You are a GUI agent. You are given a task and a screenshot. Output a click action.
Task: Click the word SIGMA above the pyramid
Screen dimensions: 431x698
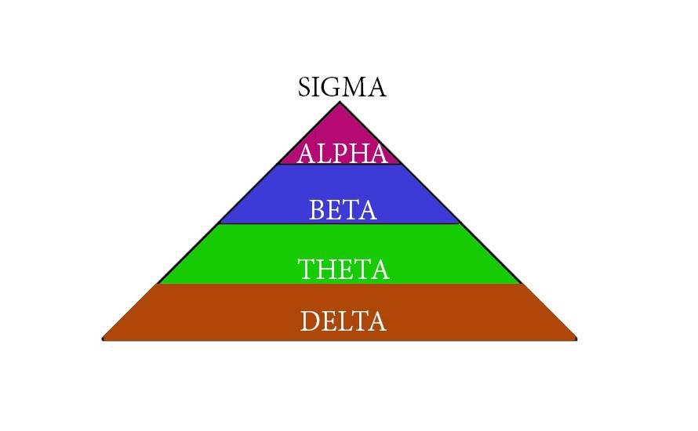342,87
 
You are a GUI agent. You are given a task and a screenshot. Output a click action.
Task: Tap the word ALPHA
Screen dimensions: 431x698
342,154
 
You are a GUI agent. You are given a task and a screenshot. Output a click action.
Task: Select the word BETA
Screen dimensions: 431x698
343,210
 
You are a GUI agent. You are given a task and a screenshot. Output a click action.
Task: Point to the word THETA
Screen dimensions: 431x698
343,270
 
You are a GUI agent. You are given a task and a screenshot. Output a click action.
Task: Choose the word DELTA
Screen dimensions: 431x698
343,321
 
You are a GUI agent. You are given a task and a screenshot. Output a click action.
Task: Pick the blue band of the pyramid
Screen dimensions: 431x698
259,196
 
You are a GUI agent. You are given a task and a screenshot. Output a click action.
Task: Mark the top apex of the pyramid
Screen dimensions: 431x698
340,103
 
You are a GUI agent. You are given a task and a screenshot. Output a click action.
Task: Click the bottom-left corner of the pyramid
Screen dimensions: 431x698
104,339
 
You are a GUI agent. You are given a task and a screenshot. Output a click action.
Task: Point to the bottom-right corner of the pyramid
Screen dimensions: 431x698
576,339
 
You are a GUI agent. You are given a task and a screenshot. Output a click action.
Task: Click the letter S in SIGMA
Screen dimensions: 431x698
305,87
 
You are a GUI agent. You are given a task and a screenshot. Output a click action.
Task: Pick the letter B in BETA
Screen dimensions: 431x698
315,210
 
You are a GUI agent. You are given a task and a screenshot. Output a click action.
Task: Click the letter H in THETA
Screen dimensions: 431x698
326,270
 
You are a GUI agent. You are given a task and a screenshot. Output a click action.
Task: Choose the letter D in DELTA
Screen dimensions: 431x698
308,321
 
